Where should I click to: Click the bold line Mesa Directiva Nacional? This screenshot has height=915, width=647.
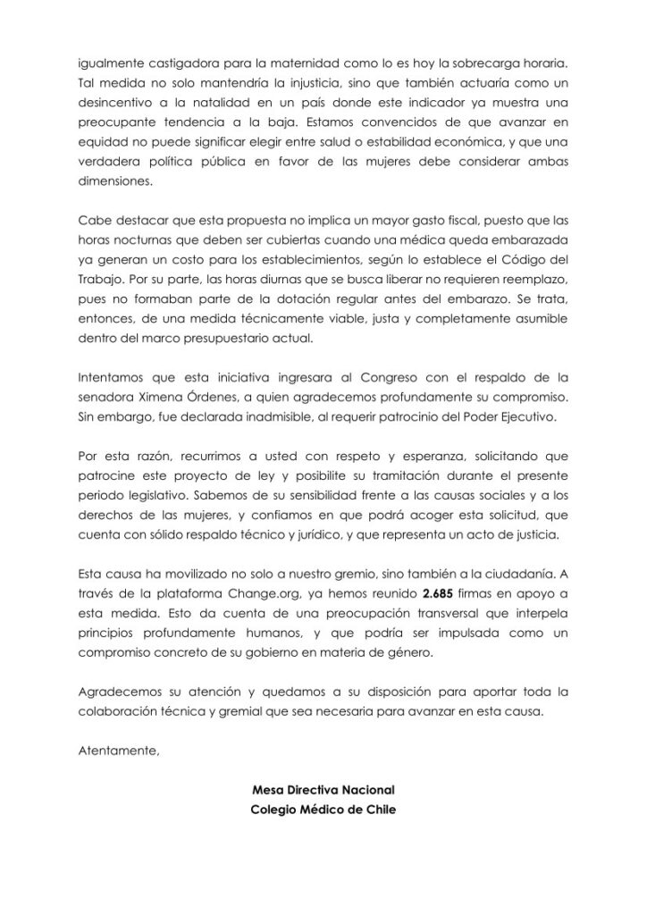click(x=323, y=791)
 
